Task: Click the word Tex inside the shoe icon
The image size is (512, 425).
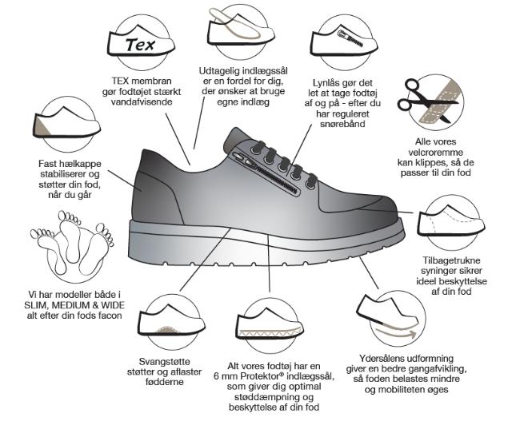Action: [140, 45]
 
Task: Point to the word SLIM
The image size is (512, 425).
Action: [35, 305]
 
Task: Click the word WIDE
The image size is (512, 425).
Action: [113, 305]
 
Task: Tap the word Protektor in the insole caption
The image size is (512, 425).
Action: [259, 376]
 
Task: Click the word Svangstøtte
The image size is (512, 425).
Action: [164, 361]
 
